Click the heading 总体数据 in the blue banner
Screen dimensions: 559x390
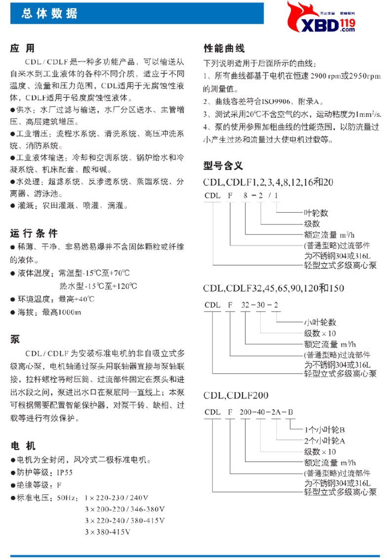pyautogui.click(x=49, y=14)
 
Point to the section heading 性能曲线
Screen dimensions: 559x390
pyautogui.click(x=224, y=48)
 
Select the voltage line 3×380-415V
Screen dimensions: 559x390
pyautogui.click(x=107, y=532)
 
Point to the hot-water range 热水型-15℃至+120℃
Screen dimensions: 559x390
pyautogui.click(x=98, y=286)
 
